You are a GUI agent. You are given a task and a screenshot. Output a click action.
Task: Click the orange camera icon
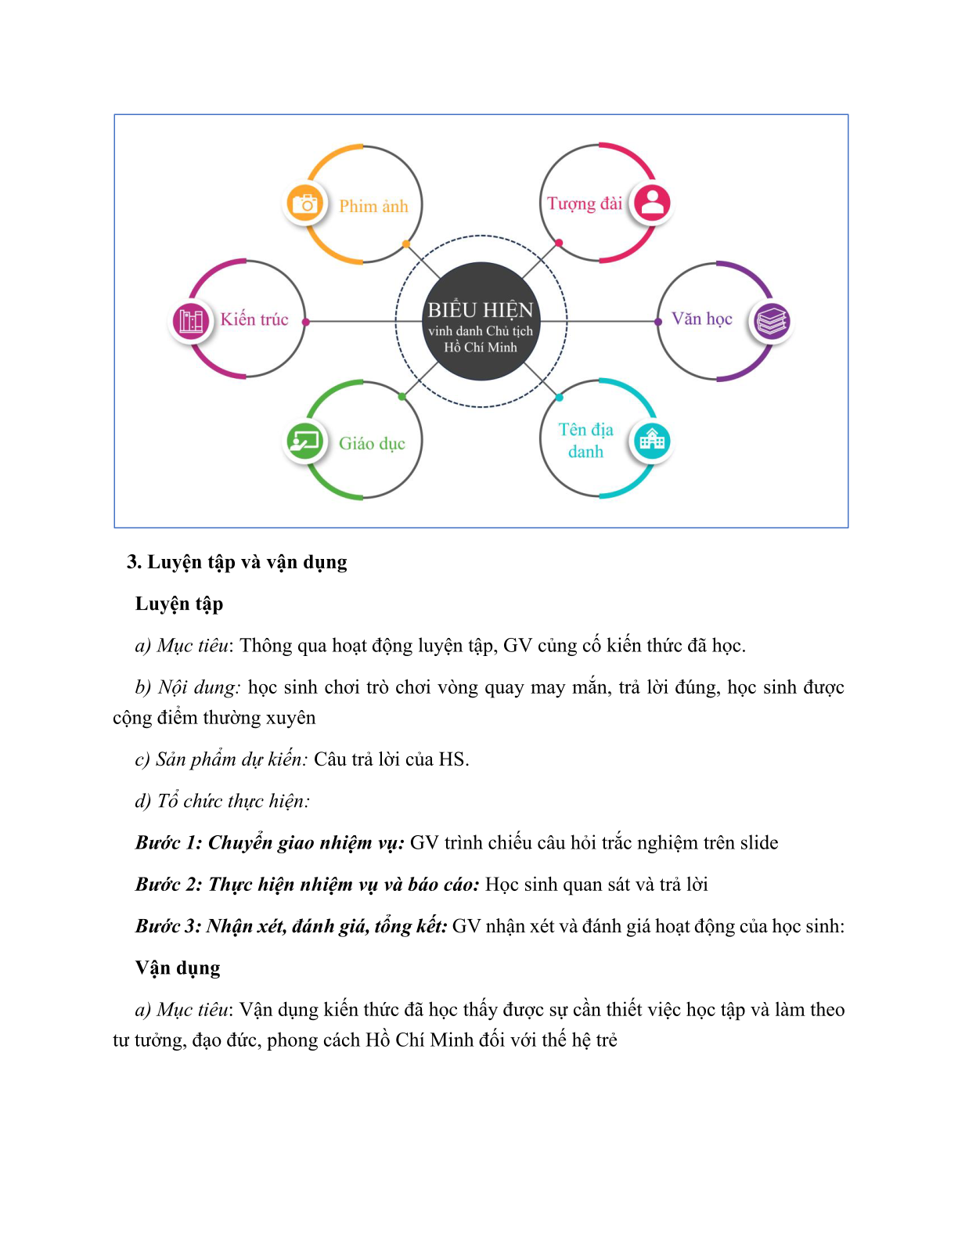point(305,204)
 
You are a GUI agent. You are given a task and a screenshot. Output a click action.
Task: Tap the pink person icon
point(652,203)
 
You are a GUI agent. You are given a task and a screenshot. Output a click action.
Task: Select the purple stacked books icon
point(772,321)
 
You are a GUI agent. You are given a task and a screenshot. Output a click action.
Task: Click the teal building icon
point(652,441)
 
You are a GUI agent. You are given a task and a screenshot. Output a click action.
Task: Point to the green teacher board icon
point(305,441)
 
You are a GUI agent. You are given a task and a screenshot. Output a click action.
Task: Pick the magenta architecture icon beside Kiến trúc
point(191,321)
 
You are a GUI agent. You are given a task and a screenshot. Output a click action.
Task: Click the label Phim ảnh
point(373,206)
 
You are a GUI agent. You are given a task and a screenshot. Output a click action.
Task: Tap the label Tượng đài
point(585,204)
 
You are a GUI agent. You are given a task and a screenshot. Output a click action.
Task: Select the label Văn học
point(702,319)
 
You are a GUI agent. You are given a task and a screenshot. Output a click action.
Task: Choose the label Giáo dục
point(372,443)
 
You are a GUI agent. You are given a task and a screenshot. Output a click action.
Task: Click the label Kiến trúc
point(254,319)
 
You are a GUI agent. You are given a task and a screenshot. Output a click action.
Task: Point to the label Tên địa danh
point(585,440)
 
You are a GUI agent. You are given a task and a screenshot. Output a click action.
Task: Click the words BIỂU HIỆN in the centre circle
point(481,310)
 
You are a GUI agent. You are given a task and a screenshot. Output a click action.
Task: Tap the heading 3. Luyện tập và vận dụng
point(237,563)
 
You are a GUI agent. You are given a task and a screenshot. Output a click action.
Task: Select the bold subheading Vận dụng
point(178,968)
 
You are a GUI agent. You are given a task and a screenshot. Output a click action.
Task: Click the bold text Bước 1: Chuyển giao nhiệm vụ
point(270,843)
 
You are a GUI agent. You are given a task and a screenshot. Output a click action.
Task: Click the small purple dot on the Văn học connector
point(658,322)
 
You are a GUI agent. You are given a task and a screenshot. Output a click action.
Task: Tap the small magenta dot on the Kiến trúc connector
point(306,322)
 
